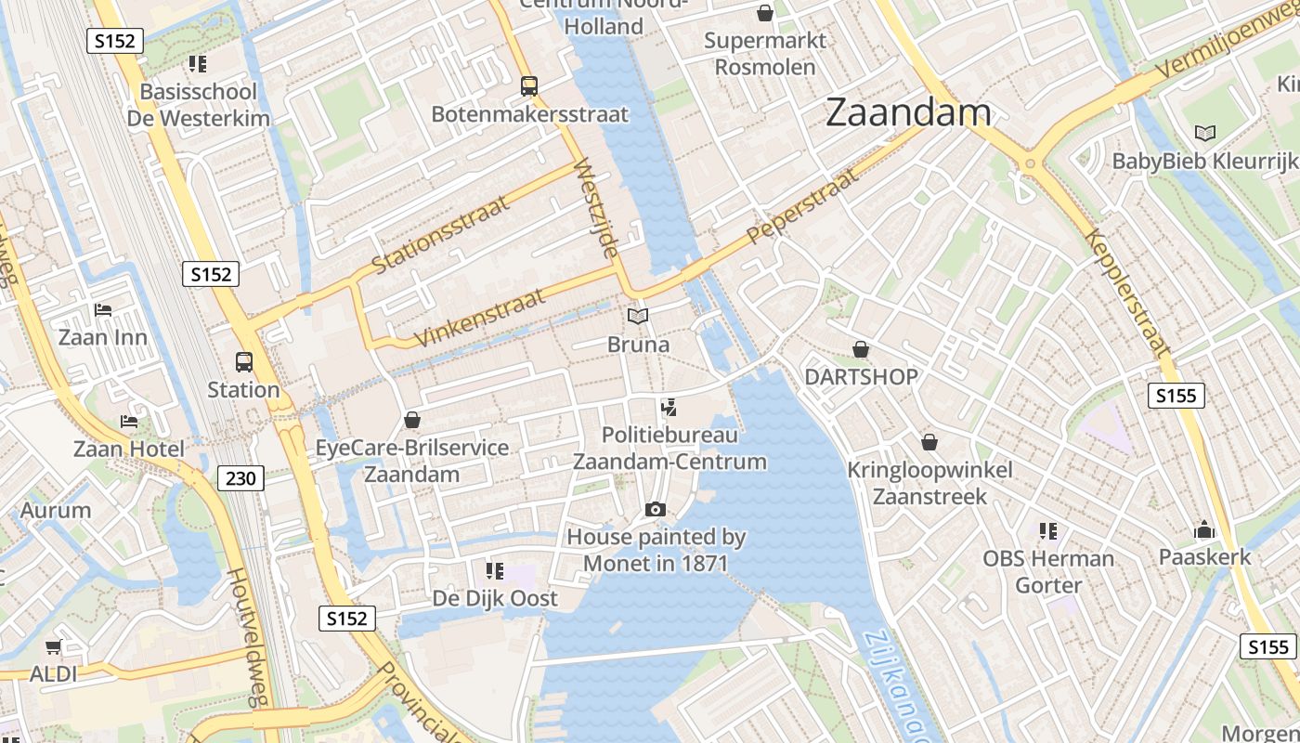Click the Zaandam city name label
[907, 112]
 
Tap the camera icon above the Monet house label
[656, 509]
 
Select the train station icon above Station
[243, 362]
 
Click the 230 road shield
[241, 478]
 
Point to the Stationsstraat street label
[440, 236]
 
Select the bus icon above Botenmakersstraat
[529, 86]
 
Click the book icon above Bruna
[637, 317]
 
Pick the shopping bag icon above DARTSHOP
[861, 349]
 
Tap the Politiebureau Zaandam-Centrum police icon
[668, 407]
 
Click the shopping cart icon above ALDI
[54, 646]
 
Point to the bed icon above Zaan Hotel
[129, 421]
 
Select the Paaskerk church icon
[1204, 530]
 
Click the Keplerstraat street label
[1126, 293]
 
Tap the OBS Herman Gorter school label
[1048, 571]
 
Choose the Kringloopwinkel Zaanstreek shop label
[929, 483]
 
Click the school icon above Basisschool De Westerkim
[197, 63]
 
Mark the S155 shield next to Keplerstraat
[1176, 396]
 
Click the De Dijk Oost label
[495, 598]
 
